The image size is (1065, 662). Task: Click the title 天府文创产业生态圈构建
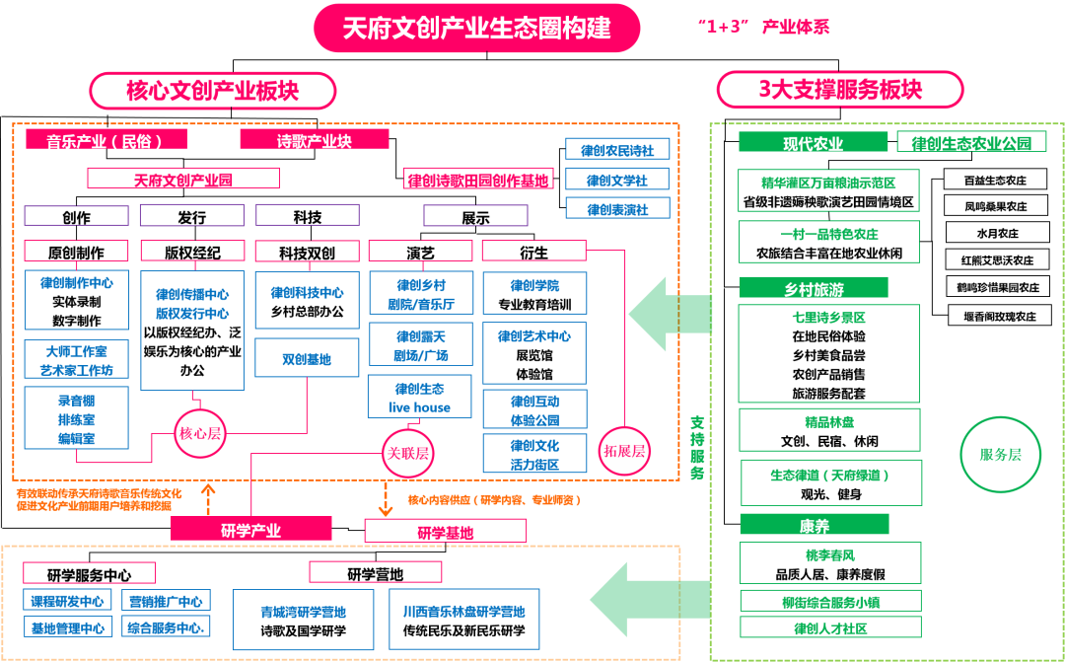(477, 28)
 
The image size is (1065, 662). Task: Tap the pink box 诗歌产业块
(314, 140)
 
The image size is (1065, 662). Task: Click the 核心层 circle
(201, 434)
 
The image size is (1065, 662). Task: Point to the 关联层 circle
(408, 453)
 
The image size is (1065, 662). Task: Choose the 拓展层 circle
(624, 451)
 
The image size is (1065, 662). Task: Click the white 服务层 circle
(1000, 455)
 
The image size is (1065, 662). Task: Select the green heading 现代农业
(813, 143)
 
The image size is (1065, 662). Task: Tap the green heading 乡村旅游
(813, 288)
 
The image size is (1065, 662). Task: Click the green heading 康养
(813, 525)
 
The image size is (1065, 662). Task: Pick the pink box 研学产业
(250, 530)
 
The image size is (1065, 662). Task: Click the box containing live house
(419, 397)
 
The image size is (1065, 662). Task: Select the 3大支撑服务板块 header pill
(839, 90)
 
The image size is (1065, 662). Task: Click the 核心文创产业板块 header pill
(213, 91)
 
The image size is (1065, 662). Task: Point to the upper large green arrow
(671, 314)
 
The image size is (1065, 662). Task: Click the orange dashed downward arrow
(385, 500)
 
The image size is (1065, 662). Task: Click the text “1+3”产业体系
(762, 28)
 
